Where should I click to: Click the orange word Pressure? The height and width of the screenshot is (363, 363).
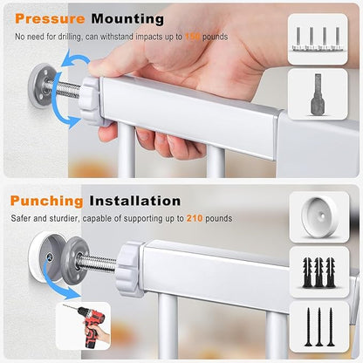click(50, 19)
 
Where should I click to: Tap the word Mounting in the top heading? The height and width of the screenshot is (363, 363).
click(127, 19)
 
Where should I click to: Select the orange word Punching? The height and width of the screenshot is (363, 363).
click(46, 201)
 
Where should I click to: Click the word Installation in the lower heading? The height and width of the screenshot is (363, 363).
click(135, 201)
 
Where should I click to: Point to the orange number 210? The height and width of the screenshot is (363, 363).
click(195, 218)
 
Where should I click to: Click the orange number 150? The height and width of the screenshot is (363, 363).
click(193, 37)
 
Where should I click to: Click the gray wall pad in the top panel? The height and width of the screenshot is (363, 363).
click(40, 86)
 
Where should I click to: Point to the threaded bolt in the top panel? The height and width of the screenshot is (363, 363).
click(65, 89)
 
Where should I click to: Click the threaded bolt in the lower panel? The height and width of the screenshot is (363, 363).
click(98, 264)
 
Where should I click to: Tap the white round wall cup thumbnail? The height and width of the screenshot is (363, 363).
click(319, 217)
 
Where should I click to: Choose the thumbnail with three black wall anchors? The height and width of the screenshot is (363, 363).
click(319, 272)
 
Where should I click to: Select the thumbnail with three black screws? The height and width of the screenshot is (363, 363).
click(319, 327)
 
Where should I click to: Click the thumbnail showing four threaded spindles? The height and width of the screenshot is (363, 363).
click(318, 39)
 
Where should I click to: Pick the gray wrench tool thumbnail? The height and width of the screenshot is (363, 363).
click(318, 94)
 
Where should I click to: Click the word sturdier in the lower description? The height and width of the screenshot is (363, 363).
click(64, 218)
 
